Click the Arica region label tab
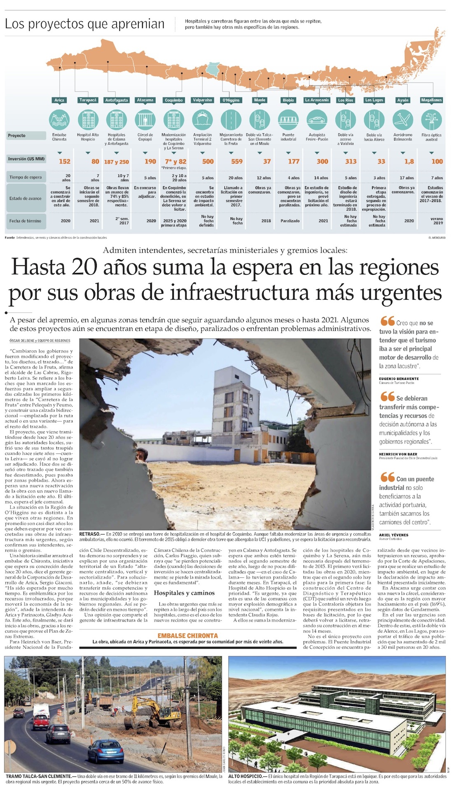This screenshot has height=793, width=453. point(59,100)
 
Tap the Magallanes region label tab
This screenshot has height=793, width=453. point(431,100)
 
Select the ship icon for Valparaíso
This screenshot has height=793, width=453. point(202,120)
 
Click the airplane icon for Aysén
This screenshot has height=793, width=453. point(403,120)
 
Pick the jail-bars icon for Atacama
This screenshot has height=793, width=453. point(145,120)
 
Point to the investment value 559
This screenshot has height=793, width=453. point(237,161)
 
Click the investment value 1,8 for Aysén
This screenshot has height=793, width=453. point(409,161)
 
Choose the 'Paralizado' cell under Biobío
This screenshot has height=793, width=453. point(290,221)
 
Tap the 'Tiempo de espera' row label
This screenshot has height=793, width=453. point(26,178)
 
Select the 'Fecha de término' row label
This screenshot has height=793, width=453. point(26,221)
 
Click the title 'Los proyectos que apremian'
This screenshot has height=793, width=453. point(84,24)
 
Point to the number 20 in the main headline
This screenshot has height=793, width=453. point(84,267)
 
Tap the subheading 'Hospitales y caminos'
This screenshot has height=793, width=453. point(184,593)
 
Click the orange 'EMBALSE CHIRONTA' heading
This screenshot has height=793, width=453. point(187,636)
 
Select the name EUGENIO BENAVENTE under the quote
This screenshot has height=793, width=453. point(399,379)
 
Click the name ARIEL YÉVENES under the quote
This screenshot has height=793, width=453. point(394,535)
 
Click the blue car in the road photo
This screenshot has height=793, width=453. point(106,750)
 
